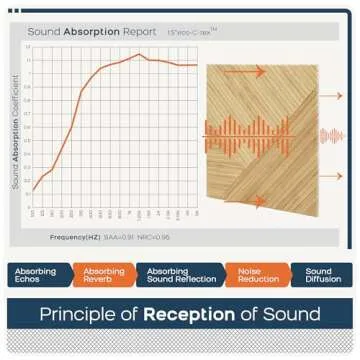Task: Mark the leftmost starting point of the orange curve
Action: tap(33, 191)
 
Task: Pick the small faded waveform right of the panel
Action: tap(331, 135)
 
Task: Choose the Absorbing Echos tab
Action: tap(36, 275)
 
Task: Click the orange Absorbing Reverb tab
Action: tap(104, 275)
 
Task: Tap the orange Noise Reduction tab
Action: tap(252, 275)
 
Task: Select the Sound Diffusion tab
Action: tap(320, 275)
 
